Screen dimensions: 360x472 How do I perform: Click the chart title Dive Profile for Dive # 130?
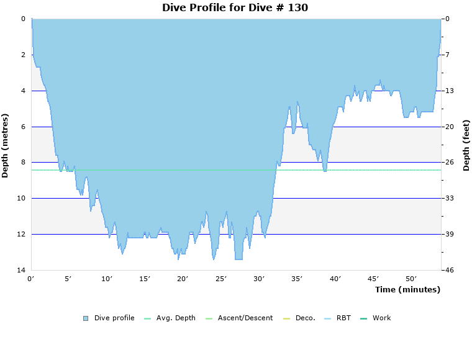pos(235,8)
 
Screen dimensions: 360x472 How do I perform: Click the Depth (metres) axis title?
pos(6,145)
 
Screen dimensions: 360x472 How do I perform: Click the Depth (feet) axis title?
pos(466,145)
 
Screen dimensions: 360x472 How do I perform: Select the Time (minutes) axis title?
pos(407,289)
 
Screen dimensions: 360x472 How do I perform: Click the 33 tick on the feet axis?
pos(448,199)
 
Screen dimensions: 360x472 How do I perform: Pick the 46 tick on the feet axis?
pos(448,270)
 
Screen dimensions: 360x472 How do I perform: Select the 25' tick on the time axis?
pos(222,279)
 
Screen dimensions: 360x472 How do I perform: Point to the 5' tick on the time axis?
pos(69,279)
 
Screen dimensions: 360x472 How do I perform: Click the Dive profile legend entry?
pos(114,318)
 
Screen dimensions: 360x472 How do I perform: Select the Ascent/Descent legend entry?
pos(245,318)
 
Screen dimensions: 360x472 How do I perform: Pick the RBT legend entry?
pos(343,318)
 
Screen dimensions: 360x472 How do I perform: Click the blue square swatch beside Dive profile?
pos(86,318)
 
